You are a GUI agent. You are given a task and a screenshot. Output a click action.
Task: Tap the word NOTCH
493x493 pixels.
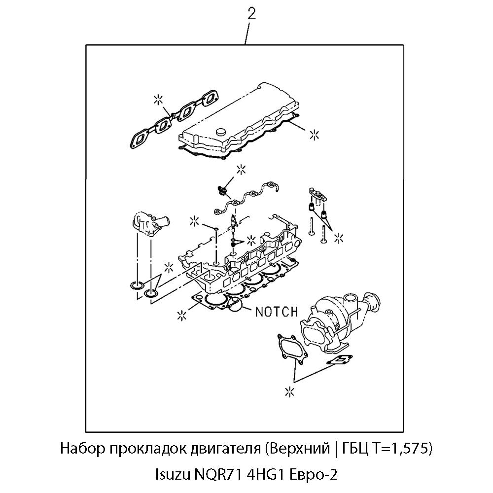tap(276, 312)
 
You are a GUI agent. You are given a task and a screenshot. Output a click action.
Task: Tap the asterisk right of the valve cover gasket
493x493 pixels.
tap(314, 134)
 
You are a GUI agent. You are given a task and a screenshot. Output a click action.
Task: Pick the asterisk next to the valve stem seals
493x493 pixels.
tap(338, 238)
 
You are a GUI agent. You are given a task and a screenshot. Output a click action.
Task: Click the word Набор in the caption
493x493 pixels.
tap(81, 449)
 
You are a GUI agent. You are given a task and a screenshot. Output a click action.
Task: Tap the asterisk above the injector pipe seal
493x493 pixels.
tap(241, 169)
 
